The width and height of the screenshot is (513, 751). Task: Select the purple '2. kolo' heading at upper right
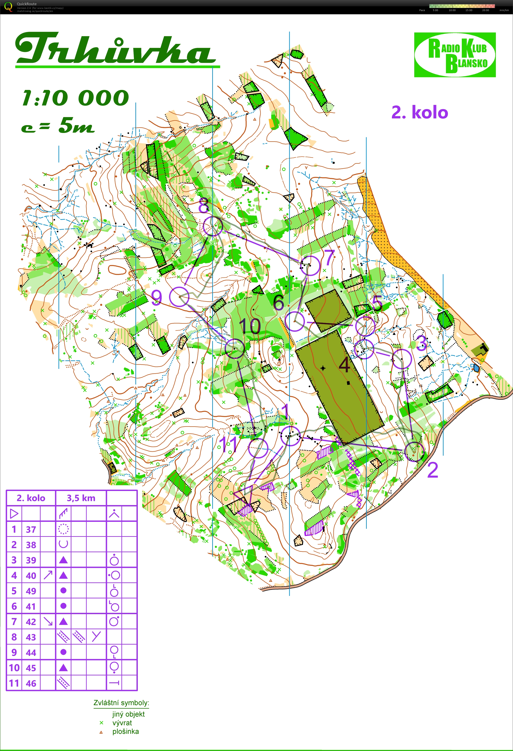[x=419, y=113]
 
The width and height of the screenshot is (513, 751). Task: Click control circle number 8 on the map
[x=213, y=226]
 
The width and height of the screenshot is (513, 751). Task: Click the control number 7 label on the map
[x=329, y=257]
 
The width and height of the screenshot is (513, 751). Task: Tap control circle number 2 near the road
[x=414, y=451]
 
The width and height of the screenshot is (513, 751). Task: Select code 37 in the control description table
[x=31, y=529]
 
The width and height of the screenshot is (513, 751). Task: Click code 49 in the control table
[x=31, y=591]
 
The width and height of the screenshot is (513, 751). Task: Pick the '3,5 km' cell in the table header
[x=81, y=498]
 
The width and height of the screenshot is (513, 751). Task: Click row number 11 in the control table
[x=14, y=683]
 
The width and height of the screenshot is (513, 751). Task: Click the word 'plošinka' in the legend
[x=126, y=731]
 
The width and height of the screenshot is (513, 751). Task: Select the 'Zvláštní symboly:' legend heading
[x=121, y=703]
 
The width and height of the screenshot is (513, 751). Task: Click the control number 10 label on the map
[x=250, y=326]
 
